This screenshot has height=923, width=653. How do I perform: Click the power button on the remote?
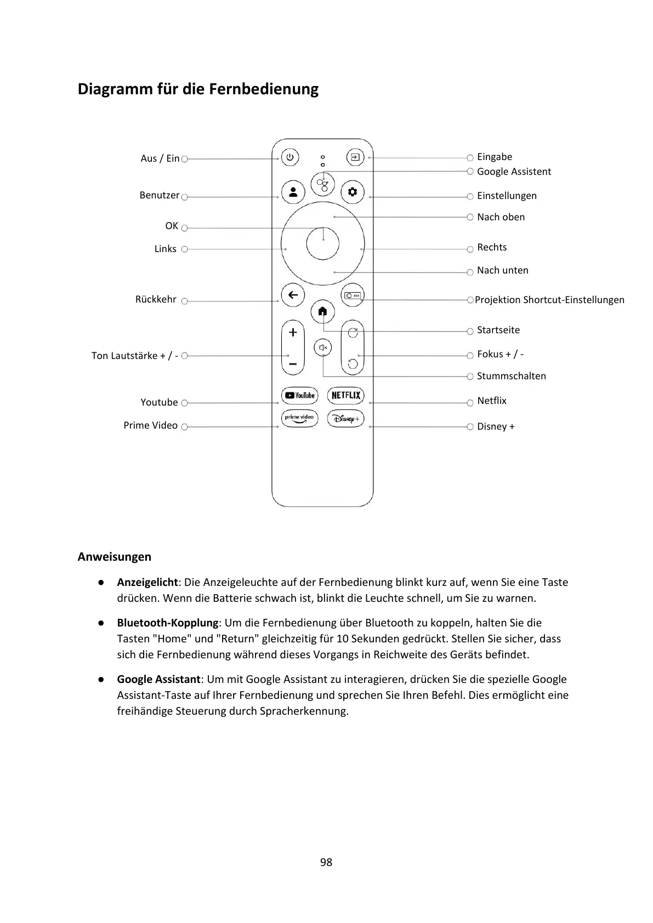pyautogui.click(x=290, y=158)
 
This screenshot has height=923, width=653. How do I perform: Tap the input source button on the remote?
pyautogui.click(x=355, y=158)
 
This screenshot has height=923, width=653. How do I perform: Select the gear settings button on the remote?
pyautogui.click(x=352, y=192)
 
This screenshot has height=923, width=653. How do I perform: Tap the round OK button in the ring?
pyautogui.click(x=322, y=243)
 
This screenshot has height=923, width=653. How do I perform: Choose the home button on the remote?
pyautogui.click(x=322, y=311)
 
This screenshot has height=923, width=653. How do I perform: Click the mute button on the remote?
pyautogui.click(x=323, y=347)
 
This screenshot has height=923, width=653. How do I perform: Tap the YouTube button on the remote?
pyautogui.click(x=299, y=395)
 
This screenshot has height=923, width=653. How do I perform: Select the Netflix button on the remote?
pyautogui.click(x=346, y=395)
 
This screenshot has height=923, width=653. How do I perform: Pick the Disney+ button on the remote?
pyautogui.click(x=346, y=419)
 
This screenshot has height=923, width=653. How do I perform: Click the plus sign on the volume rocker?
pyautogui.click(x=293, y=333)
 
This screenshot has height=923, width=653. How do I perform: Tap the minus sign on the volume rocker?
pyautogui.click(x=293, y=363)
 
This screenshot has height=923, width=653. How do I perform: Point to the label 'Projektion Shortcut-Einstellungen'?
pyautogui.click(x=549, y=300)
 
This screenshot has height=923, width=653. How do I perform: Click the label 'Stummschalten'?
pyautogui.click(x=511, y=376)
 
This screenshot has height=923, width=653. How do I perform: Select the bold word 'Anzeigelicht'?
pyautogui.click(x=147, y=582)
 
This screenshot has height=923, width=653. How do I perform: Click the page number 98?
pyautogui.click(x=326, y=862)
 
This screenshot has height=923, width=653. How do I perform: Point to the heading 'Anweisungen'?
pyautogui.click(x=114, y=557)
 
